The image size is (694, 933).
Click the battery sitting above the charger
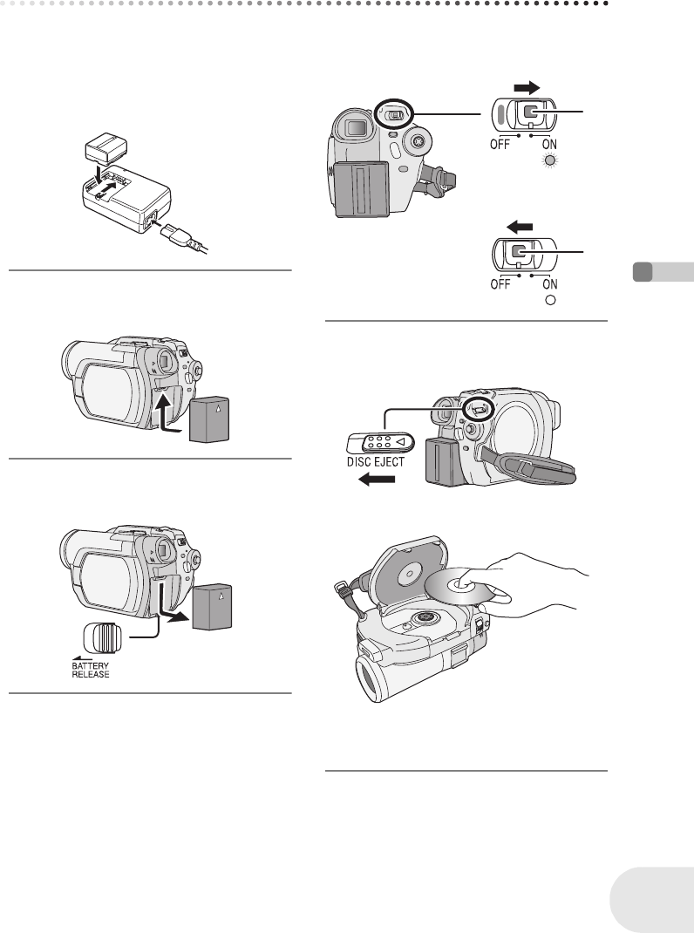[106, 151]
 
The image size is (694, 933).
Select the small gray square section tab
[643, 271]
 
